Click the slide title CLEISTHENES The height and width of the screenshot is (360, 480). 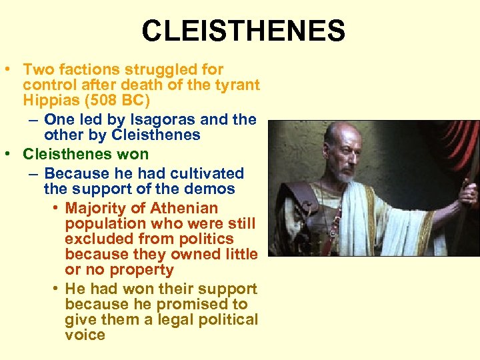pos(243,31)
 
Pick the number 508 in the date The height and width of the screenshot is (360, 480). pos(111,101)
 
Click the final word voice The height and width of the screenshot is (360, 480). pos(85,335)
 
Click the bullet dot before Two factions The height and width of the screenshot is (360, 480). pos(11,69)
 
